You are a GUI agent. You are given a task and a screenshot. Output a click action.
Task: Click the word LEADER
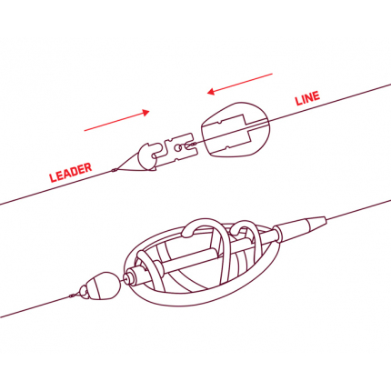point(71,173)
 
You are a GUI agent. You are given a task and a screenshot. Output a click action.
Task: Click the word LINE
point(307,98)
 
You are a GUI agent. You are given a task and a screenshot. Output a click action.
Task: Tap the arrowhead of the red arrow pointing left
point(211,91)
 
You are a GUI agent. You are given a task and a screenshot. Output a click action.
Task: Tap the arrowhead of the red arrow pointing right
point(145,113)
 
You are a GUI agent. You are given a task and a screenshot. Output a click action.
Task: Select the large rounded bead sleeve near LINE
point(236,129)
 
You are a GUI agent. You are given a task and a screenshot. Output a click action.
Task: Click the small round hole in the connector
point(178,147)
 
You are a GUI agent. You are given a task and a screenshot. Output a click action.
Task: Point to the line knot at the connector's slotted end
point(190,145)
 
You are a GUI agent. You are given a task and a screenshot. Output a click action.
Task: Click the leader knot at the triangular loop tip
point(114,170)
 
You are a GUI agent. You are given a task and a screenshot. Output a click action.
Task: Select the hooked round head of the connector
point(146,155)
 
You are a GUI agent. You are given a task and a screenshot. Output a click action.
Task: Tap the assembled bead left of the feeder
point(103,284)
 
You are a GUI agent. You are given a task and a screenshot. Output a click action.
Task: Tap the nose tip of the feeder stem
point(126,276)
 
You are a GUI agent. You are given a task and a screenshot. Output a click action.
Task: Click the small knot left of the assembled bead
point(72,296)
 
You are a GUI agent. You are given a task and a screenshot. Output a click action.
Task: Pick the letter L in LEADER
point(53,178)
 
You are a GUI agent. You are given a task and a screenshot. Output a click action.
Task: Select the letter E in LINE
point(316,95)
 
